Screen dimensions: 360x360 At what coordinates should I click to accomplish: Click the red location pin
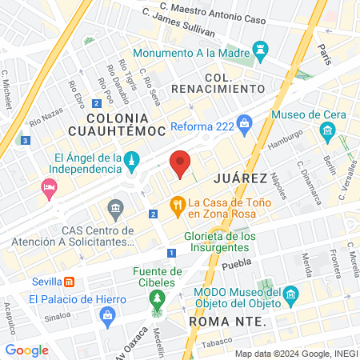point(181,163)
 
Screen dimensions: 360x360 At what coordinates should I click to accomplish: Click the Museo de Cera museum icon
point(326,130)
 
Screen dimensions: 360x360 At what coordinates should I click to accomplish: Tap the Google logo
point(26,350)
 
